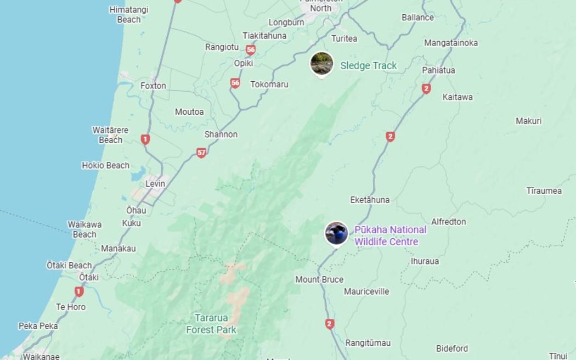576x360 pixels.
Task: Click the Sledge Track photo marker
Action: pyautogui.click(x=321, y=64)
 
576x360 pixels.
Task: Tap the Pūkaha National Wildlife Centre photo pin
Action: pyautogui.click(x=336, y=233)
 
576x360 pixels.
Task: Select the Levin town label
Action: pyautogui.click(x=155, y=184)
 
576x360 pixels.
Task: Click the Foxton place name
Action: pyautogui.click(x=153, y=86)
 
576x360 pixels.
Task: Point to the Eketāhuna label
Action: pyautogui.click(x=370, y=200)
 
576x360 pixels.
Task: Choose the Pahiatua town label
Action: pyautogui.click(x=438, y=70)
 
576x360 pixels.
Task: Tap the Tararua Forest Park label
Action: pyautogui.click(x=211, y=324)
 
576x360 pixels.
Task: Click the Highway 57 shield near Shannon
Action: pyautogui.click(x=201, y=153)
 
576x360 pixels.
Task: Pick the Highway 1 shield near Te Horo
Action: pyautogui.click(x=79, y=291)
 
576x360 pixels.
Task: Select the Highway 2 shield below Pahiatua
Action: pyautogui.click(x=426, y=88)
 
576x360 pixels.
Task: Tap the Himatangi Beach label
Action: pyautogui.click(x=129, y=14)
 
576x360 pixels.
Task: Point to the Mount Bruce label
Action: pyautogui.click(x=319, y=279)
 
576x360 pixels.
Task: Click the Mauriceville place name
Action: pyautogui.click(x=366, y=291)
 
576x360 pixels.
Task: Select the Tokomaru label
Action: pyautogui.click(x=269, y=85)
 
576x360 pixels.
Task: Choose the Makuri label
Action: pyautogui.click(x=528, y=121)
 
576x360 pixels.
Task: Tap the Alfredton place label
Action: pyautogui.click(x=448, y=222)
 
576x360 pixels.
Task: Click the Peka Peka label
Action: pyautogui.click(x=38, y=326)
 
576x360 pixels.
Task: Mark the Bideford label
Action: pyautogui.click(x=452, y=348)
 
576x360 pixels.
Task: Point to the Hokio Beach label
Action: pyautogui.click(x=105, y=165)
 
